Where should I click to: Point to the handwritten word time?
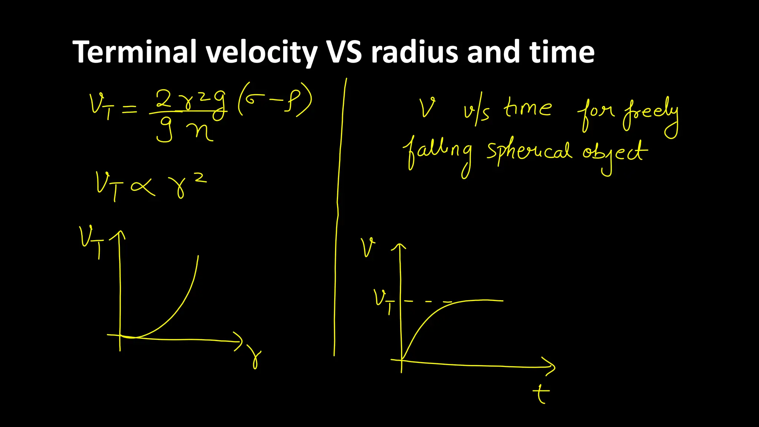[x=527, y=108]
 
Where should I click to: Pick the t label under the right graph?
[x=541, y=394]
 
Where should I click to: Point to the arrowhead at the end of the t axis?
[x=550, y=366]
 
